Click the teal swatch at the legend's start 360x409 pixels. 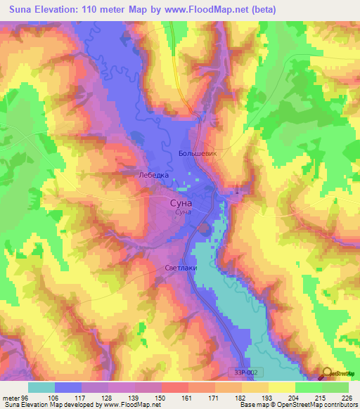[x=41, y=387]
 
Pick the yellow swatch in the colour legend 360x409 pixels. [x=281, y=387]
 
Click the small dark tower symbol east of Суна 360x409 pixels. [x=238, y=191]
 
